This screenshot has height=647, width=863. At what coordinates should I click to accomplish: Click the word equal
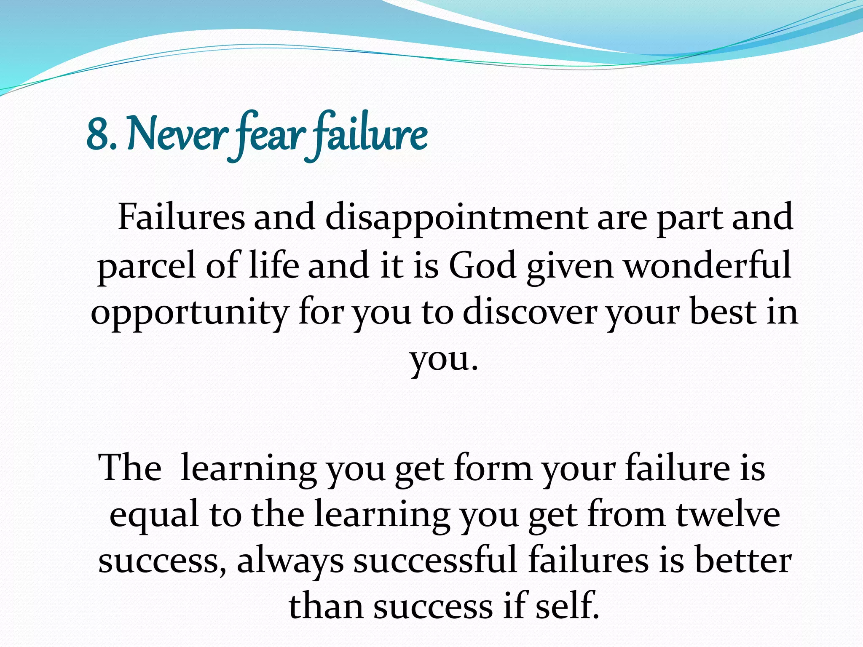tap(154, 516)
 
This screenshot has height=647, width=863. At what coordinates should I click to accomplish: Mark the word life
tap(274, 265)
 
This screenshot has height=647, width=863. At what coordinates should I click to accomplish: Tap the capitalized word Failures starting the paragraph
tap(181, 218)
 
